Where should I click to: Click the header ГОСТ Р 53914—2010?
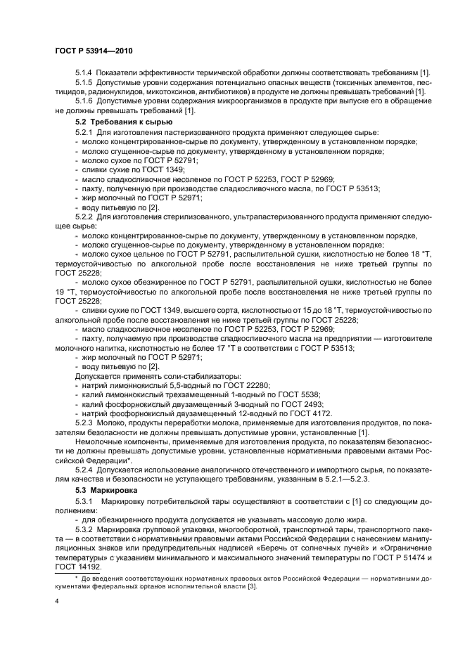tap(94, 51)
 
